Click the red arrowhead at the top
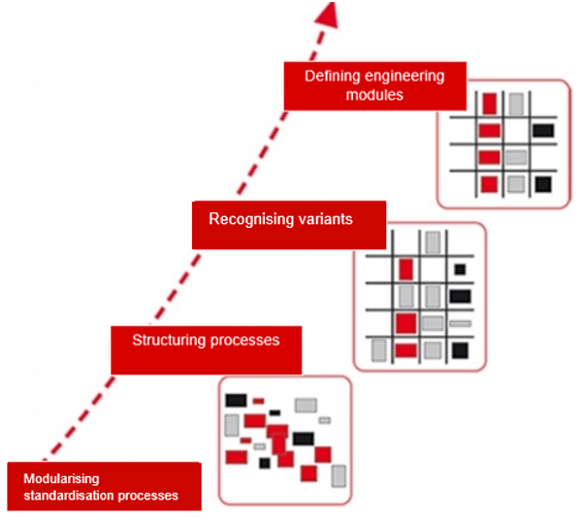click(332, 13)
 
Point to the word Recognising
click(248, 219)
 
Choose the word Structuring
click(171, 340)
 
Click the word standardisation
click(71, 496)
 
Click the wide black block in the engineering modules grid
click(542, 130)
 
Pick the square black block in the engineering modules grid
click(543, 183)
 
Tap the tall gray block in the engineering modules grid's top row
click(517, 103)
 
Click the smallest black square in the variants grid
click(459, 269)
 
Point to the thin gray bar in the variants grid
click(460, 323)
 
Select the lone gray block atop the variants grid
click(433, 242)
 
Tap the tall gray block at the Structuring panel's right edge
click(339, 475)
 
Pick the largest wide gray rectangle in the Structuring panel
click(306, 404)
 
